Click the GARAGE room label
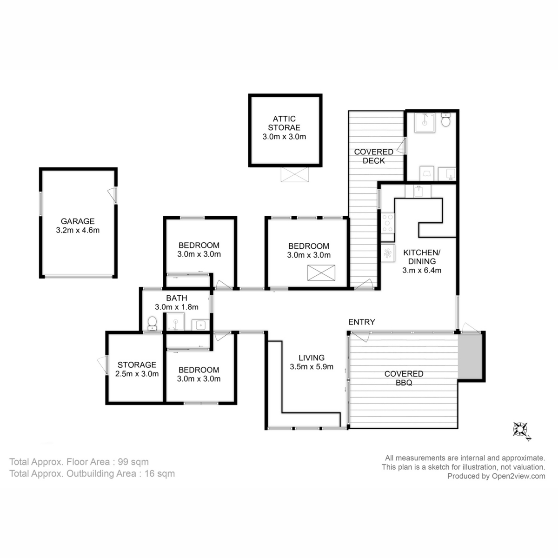(x=78, y=221)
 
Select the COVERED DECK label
(x=373, y=156)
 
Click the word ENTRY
(x=362, y=322)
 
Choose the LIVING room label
(x=312, y=358)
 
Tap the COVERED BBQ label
(x=404, y=379)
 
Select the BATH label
(x=177, y=298)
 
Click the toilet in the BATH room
(x=152, y=323)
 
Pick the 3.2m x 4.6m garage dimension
(x=78, y=230)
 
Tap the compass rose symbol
(x=520, y=429)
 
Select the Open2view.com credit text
(x=496, y=476)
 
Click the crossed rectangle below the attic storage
(x=294, y=175)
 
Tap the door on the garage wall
(x=113, y=195)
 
